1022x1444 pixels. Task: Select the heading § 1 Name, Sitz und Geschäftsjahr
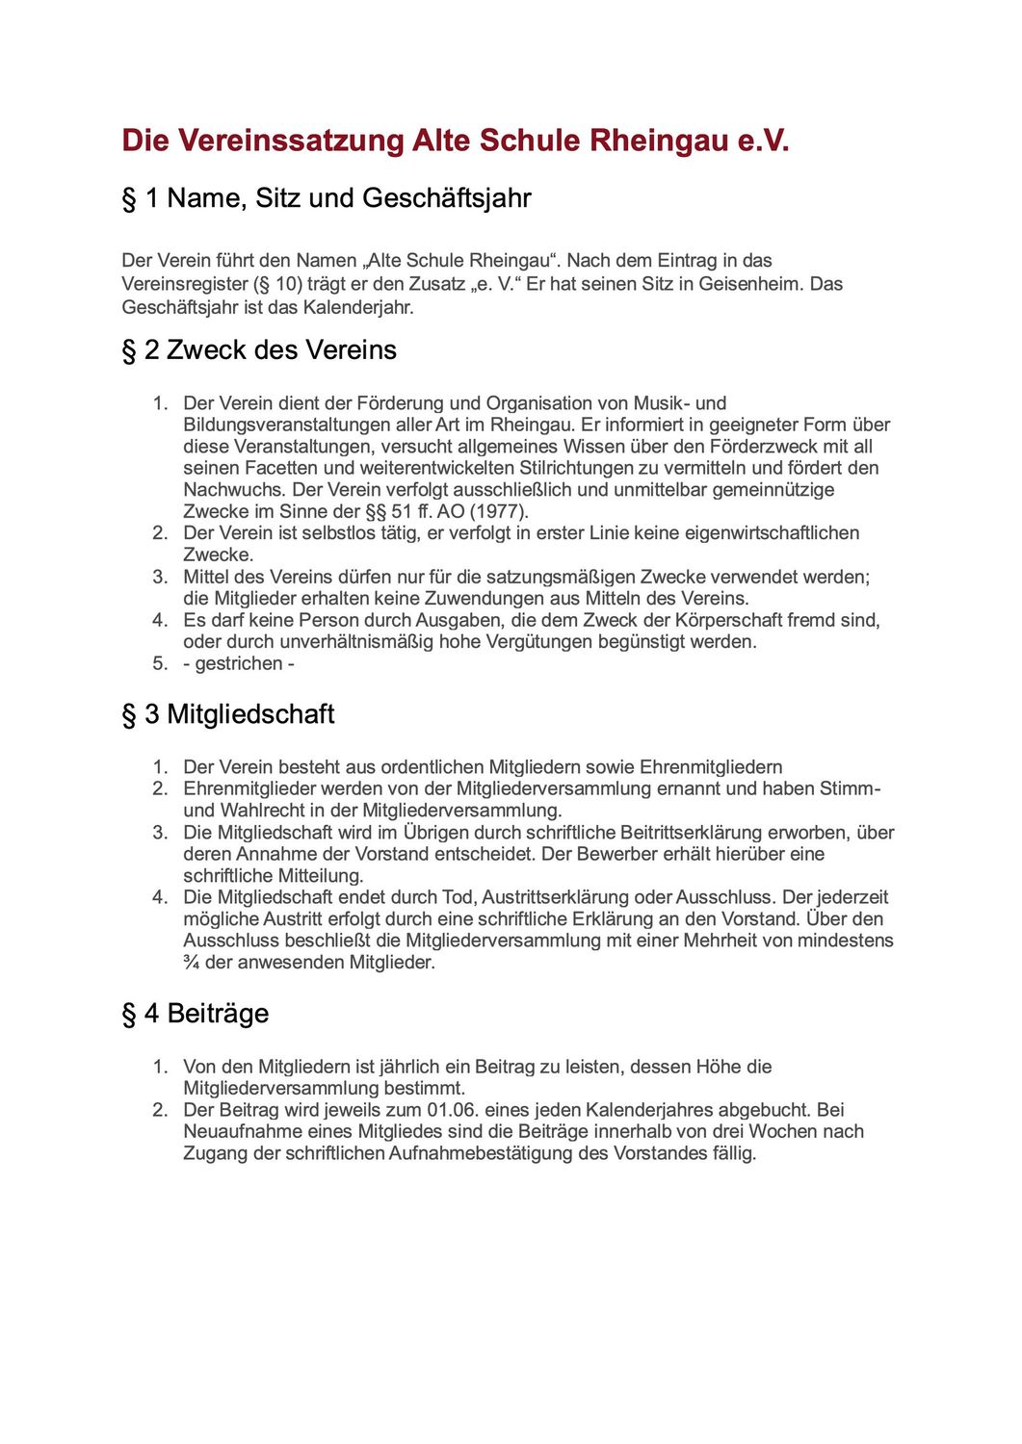326,198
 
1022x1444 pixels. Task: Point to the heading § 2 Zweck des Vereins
259,349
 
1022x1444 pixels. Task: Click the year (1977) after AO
499,511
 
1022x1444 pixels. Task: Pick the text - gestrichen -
239,663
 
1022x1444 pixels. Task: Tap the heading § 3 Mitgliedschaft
228,714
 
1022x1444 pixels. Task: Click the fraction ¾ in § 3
191,962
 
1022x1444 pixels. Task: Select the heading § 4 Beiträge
195,1014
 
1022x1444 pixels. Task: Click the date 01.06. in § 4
454,1110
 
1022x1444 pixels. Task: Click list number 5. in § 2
160,663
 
